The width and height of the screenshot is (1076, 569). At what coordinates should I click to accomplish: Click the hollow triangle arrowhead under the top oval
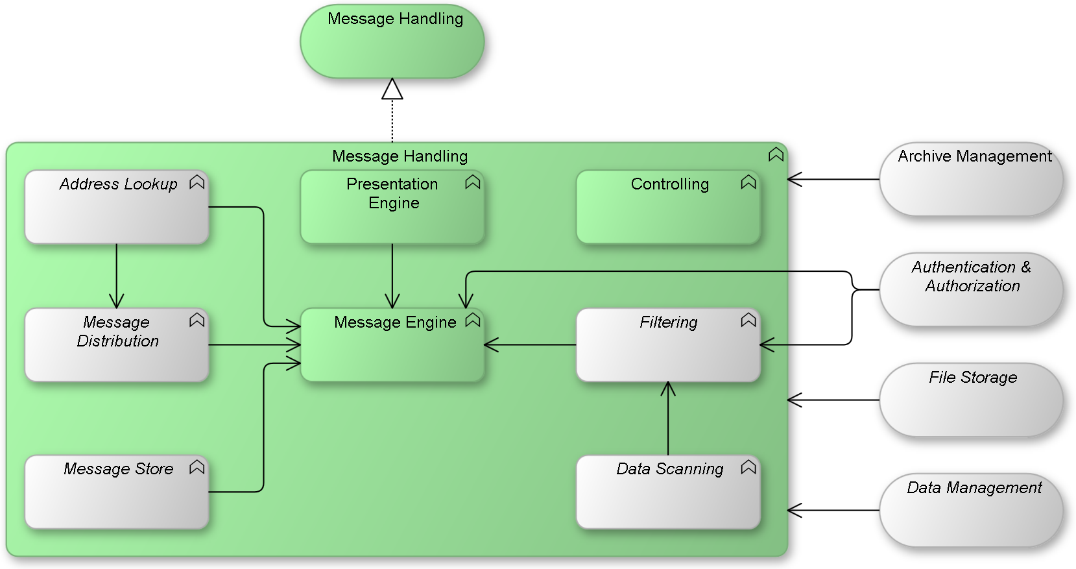(392, 90)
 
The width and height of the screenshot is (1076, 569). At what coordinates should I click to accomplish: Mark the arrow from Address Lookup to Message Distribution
(117, 276)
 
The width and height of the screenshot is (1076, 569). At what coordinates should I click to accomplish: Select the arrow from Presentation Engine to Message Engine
(392, 276)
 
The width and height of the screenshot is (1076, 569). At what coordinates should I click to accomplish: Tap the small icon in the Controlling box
(748, 182)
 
